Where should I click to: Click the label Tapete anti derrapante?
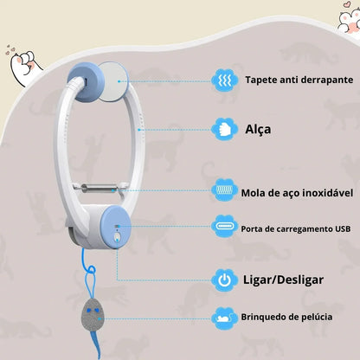(299, 80)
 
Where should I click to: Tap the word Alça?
(258, 130)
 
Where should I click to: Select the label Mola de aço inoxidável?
(297, 193)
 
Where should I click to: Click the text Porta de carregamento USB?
(296, 229)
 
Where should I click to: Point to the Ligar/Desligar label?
(283, 280)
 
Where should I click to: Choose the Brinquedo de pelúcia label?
(286, 317)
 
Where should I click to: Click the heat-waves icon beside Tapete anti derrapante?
(225, 80)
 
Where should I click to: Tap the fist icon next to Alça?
(225, 130)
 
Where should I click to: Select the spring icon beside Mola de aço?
(225, 190)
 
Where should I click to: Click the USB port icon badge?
(225, 226)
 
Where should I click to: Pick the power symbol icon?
(225, 280)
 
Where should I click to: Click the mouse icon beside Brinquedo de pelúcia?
(225, 318)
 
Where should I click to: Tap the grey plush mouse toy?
(92, 315)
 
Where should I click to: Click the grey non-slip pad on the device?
(112, 81)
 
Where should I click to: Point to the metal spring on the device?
(97, 189)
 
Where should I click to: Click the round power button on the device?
(117, 237)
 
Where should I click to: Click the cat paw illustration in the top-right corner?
(349, 20)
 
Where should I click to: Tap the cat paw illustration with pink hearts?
(24, 66)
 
